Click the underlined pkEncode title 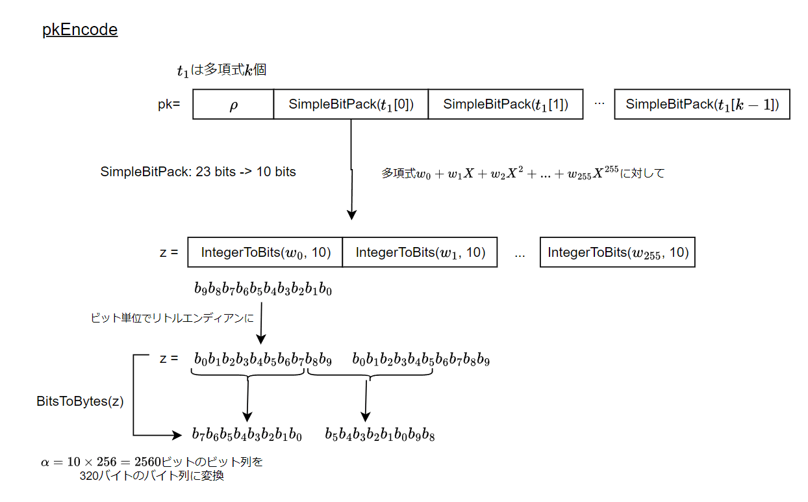pos(80,30)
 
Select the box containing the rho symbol pos(233,105)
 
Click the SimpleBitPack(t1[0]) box pos(351,105)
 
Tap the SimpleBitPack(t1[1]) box pos(505,105)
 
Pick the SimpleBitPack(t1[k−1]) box pos(701,105)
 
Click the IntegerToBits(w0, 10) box pos(265,252)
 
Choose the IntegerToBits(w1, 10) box pos(420,252)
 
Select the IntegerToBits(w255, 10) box pos(617,252)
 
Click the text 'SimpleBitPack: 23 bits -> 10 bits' pos(198,172)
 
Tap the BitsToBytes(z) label pos(80,401)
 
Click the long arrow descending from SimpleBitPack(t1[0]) pos(351,169)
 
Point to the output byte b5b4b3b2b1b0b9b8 pos(379,435)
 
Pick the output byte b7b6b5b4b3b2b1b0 pos(247,435)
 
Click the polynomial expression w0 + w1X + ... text pos(523,173)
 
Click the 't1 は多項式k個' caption pos(221,70)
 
